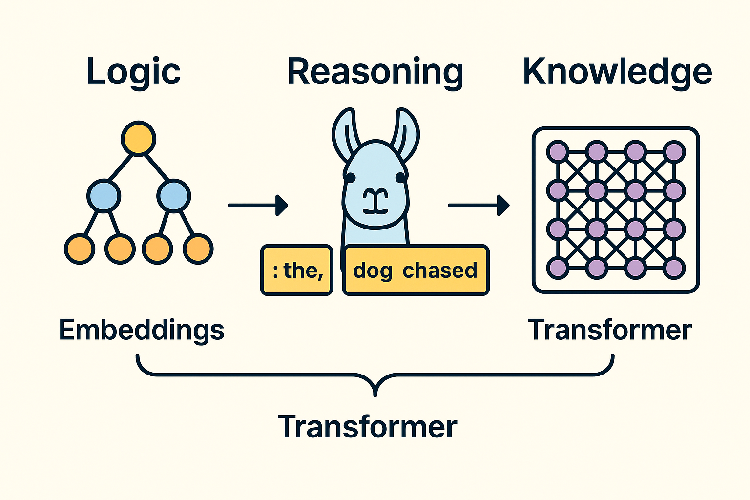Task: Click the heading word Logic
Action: pyautogui.click(x=133, y=72)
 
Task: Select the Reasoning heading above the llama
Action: pyautogui.click(x=375, y=72)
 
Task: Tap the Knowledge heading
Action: pyautogui.click(x=617, y=72)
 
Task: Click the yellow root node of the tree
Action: pyautogui.click(x=138, y=139)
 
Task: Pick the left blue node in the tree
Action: pyautogui.click(x=103, y=196)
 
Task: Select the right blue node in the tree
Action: pyautogui.click(x=173, y=196)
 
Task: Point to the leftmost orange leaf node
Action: pyautogui.click(x=80, y=249)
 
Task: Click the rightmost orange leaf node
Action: pyautogui.click(x=198, y=249)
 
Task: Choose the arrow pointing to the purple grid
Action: pyautogui.click(x=479, y=205)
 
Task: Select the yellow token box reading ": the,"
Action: pyautogui.click(x=297, y=270)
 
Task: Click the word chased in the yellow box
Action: pyautogui.click(x=439, y=270)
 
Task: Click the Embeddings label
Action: pyautogui.click(x=141, y=330)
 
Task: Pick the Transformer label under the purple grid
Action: pyautogui.click(x=609, y=330)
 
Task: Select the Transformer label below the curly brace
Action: pyautogui.click(x=367, y=427)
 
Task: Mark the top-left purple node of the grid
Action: pyautogui.click(x=558, y=152)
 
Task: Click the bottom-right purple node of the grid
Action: pyautogui.click(x=674, y=268)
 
